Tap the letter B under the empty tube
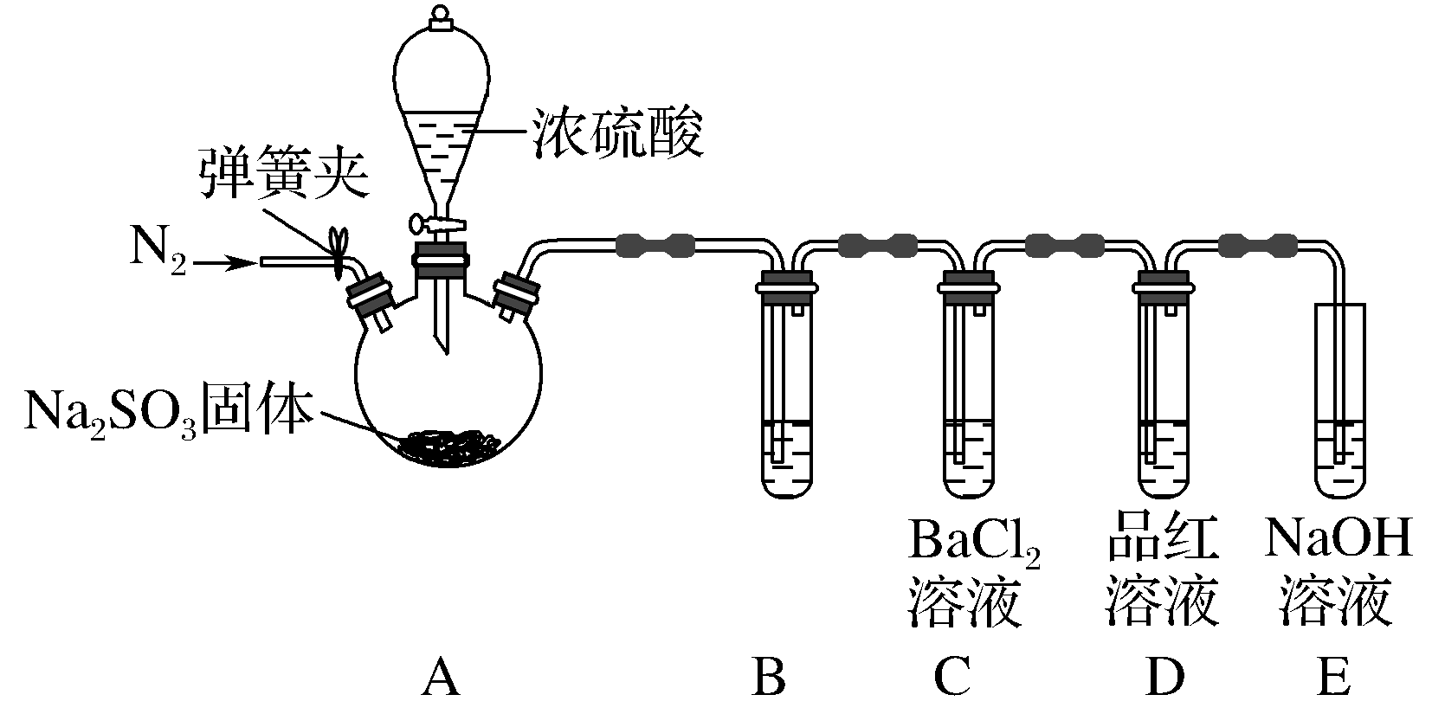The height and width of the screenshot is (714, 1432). [x=769, y=678]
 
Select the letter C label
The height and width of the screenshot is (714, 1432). [x=953, y=678]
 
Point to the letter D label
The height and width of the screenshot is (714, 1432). [x=1163, y=678]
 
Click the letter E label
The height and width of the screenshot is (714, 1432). [x=1333, y=678]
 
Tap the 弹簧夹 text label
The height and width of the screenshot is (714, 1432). [x=282, y=173]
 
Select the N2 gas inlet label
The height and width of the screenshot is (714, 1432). [x=158, y=250]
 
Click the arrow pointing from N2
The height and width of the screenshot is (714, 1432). [x=224, y=263]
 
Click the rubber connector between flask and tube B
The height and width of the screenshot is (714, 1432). [x=655, y=245]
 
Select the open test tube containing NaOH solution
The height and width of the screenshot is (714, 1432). [x=1339, y=398]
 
